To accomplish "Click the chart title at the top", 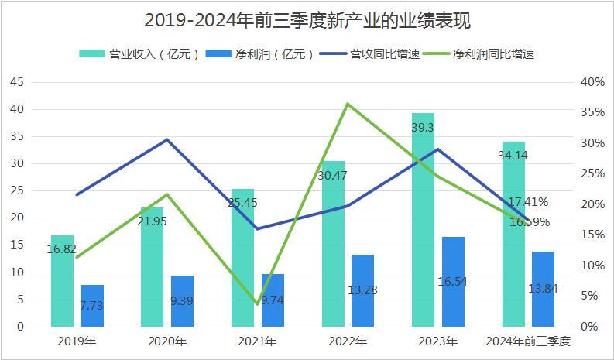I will tap(307, 19).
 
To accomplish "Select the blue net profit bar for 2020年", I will tap(182, 300).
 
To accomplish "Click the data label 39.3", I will tap(424, 128).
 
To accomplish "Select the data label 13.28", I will tap(363, 290).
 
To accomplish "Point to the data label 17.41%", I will tap(528, 202).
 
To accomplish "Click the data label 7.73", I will tap(91, 305).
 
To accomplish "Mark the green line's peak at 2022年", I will tap(348, 104).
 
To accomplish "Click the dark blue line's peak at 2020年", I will tap(167, 139).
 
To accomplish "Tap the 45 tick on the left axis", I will tap(17, 82).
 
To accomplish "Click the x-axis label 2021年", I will tap(257, 341).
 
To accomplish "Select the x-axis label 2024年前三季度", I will tap(528, 341).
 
